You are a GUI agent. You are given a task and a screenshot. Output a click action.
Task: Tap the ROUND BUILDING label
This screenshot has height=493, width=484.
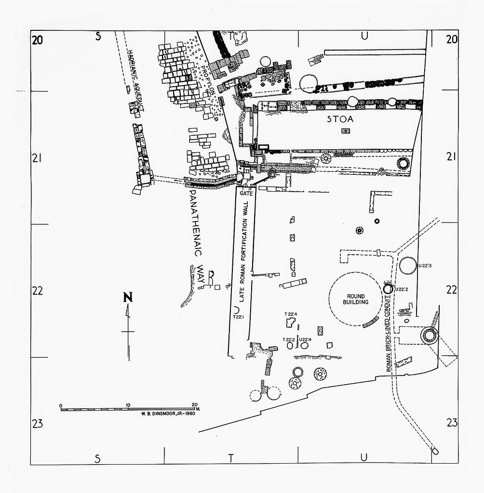(x=355, y=299)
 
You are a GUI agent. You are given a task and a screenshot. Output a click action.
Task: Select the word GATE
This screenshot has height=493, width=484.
(x=246, y=194)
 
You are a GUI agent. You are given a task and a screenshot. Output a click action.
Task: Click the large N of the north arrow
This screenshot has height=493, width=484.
(x=128, y=297)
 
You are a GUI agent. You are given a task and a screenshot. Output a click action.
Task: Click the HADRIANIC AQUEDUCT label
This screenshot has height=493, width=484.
(x=136, y=81)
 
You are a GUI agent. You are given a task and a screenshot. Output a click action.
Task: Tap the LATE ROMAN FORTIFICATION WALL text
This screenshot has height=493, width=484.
(x=243, y=251)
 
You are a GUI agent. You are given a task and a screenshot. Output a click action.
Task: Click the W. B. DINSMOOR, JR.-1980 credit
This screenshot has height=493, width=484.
(x=168, y=414)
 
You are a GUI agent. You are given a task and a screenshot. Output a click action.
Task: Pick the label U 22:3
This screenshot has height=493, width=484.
(x=425, y=266)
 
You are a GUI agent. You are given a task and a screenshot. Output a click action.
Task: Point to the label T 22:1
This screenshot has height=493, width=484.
(x=238, y=317)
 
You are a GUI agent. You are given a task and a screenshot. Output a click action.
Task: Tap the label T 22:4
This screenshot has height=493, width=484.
(x=291, y=314)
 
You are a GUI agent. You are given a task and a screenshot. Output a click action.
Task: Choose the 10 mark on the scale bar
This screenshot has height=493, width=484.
(x=128, y=404)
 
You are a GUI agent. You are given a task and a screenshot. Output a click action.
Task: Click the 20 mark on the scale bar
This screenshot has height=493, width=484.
(x=195, y=404)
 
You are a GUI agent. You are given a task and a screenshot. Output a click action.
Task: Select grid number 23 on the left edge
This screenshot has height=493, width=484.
(x=38, y=424)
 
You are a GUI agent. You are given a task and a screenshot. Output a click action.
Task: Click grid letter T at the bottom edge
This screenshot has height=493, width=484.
(x=231, y=458)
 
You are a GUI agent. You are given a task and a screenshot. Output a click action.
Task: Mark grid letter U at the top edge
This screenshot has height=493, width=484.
(x=364, y=36)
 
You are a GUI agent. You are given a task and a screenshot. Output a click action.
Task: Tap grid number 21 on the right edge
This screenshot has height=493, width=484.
(x=451, y=156)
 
